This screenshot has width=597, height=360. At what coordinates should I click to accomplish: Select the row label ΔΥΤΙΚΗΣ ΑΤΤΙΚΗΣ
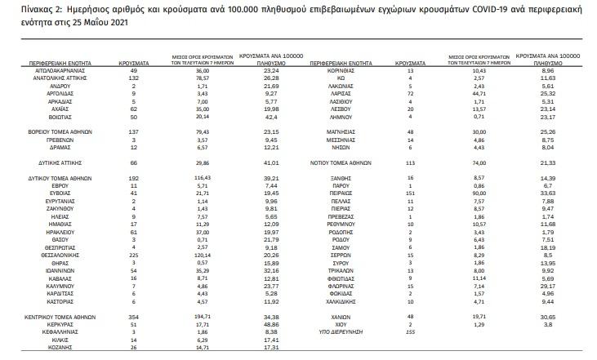pos(65,162)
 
